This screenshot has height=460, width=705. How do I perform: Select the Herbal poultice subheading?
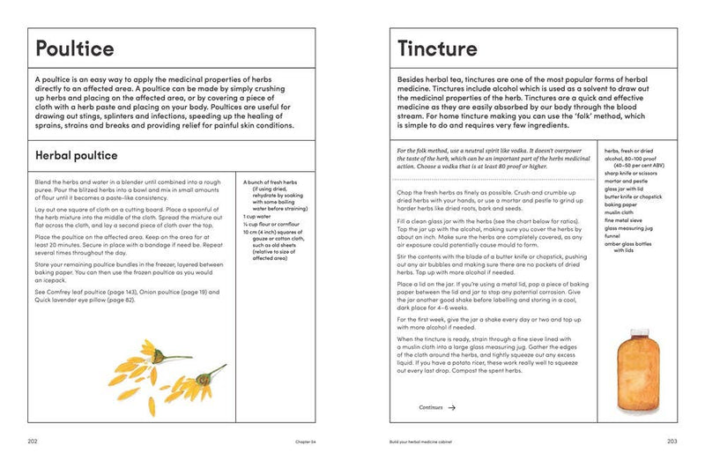(76, 156)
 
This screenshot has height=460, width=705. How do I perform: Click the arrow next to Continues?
(451, 408)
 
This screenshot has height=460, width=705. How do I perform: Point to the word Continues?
(431, 408)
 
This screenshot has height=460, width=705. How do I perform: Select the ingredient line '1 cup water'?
(258, 214)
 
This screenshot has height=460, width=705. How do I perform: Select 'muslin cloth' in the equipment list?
(620, 211)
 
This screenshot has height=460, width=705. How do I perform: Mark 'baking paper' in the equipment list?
(621, 204)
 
